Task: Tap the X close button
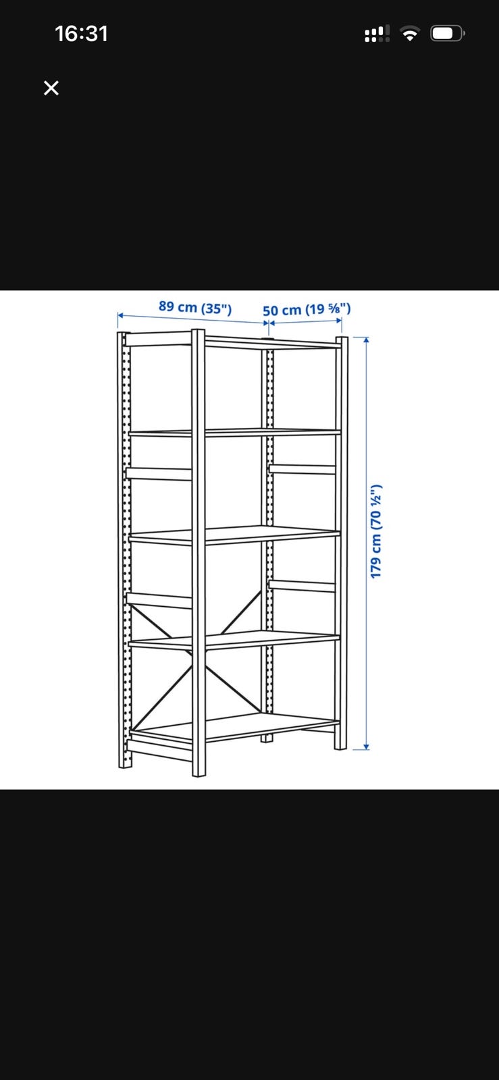51,88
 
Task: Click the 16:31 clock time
81,34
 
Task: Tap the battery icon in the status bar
448,34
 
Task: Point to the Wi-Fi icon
410,34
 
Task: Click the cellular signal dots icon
377,34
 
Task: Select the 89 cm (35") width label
195,307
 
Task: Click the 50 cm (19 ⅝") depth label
307,310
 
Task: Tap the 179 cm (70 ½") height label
376,531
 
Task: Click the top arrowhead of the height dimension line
367,340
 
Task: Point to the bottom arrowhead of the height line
367,747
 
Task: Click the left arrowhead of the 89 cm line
121,315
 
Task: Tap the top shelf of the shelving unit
232,341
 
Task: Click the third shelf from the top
234,535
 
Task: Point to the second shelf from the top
234,433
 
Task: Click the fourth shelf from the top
234,640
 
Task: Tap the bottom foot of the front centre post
199,772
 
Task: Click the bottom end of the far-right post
340,747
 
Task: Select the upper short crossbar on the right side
302,469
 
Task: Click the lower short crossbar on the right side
302,585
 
